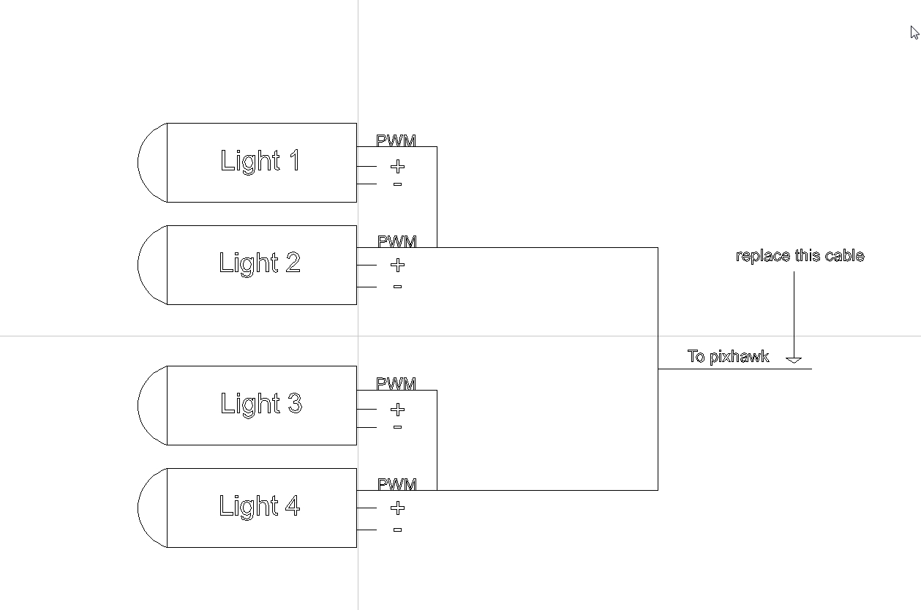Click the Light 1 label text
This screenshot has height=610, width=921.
pos(260,161)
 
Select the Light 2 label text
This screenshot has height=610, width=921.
pos(260,263)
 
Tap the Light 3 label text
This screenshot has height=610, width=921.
pos(261,404)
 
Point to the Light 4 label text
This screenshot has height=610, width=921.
pos(260,506)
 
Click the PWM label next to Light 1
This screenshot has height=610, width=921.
pos(396,140)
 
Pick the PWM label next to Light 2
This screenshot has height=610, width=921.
pos(397,241)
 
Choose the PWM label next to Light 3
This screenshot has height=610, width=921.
pos(396,383)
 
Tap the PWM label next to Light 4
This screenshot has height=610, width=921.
pos(397,484)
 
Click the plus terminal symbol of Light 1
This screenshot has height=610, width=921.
pos(397,167)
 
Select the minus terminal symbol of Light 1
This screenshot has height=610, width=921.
pos(397,184)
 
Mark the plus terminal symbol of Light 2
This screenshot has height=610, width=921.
pos(397,265)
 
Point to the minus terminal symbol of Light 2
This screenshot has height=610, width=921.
pos(397,287)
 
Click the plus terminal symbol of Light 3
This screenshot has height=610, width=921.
pos(397,410)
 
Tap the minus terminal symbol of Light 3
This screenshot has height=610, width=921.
pos(397,427)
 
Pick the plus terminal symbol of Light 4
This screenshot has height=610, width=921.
pos(397,508)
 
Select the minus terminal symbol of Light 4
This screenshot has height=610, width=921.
pos(397,530)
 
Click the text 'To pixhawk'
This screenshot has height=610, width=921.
pos(728,356)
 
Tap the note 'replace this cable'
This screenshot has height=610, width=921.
pos(800,256)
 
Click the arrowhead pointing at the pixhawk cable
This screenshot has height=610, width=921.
pos(794,360)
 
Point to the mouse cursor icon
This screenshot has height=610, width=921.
pos(914,32)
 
